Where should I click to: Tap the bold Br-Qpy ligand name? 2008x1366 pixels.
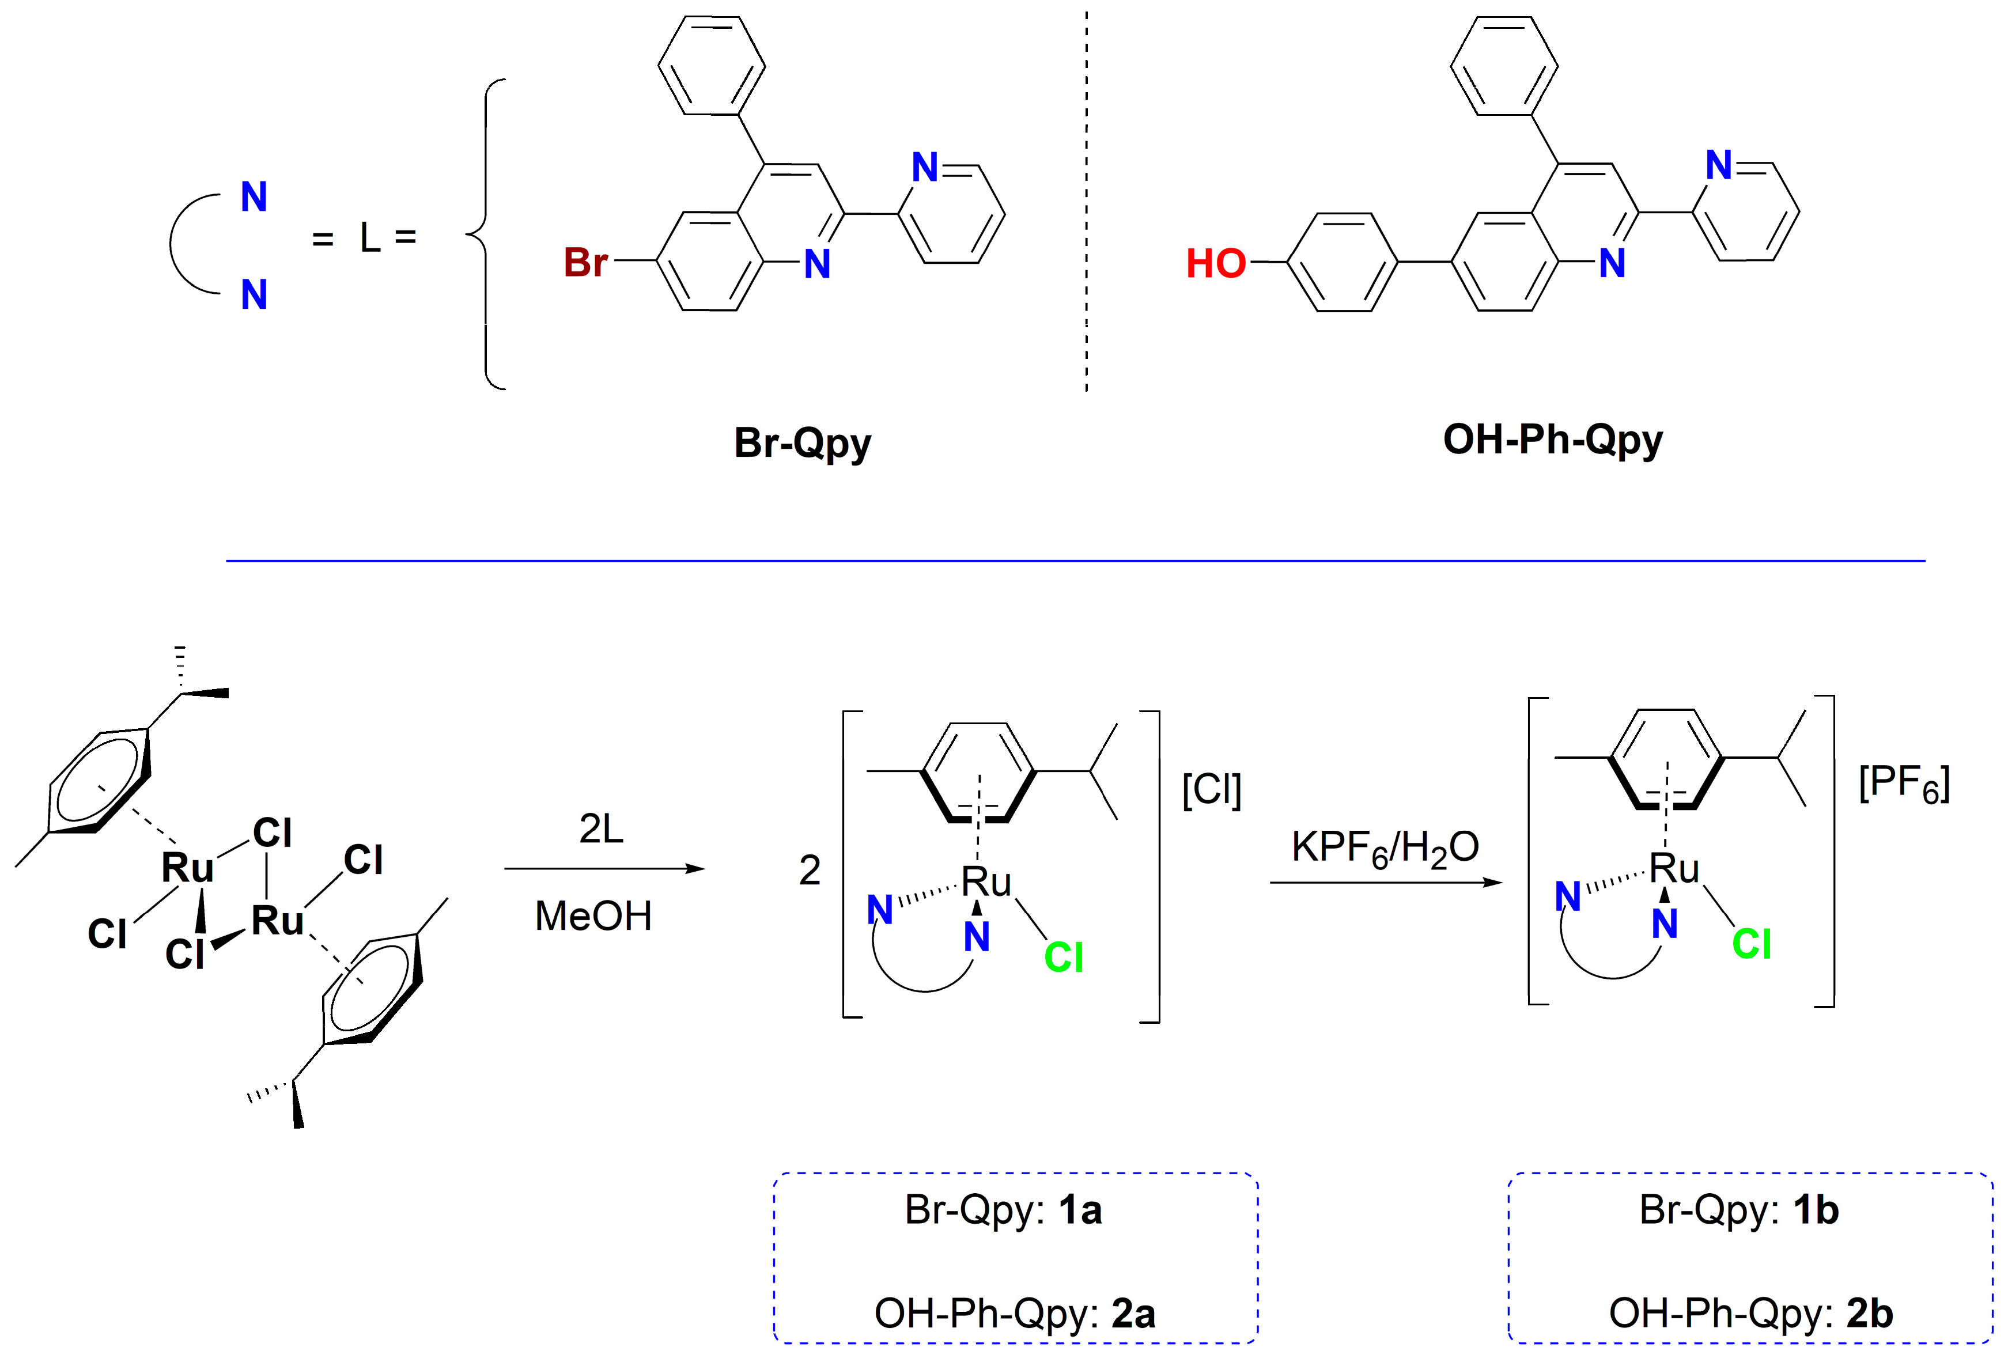tap(802, 443)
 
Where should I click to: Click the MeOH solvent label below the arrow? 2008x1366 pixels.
tap(593, 916)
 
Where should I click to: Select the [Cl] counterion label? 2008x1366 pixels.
tap(1211, 789)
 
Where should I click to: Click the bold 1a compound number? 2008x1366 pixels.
tap(1080, 1210)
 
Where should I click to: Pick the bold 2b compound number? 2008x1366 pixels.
tap(1870, 1314)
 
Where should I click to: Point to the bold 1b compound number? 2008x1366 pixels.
tap(1816, 1210)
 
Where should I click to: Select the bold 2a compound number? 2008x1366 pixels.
tap(1133, 1314)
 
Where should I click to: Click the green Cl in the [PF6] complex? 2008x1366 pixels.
tap(1752, 944)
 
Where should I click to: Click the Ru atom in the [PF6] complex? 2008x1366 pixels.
tap(1674, 868)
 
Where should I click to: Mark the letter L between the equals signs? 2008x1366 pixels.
tap(370, 237)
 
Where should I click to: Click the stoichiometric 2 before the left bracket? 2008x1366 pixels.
tap(810, 870)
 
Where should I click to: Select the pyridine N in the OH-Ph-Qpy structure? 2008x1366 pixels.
tap(1719, 166)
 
